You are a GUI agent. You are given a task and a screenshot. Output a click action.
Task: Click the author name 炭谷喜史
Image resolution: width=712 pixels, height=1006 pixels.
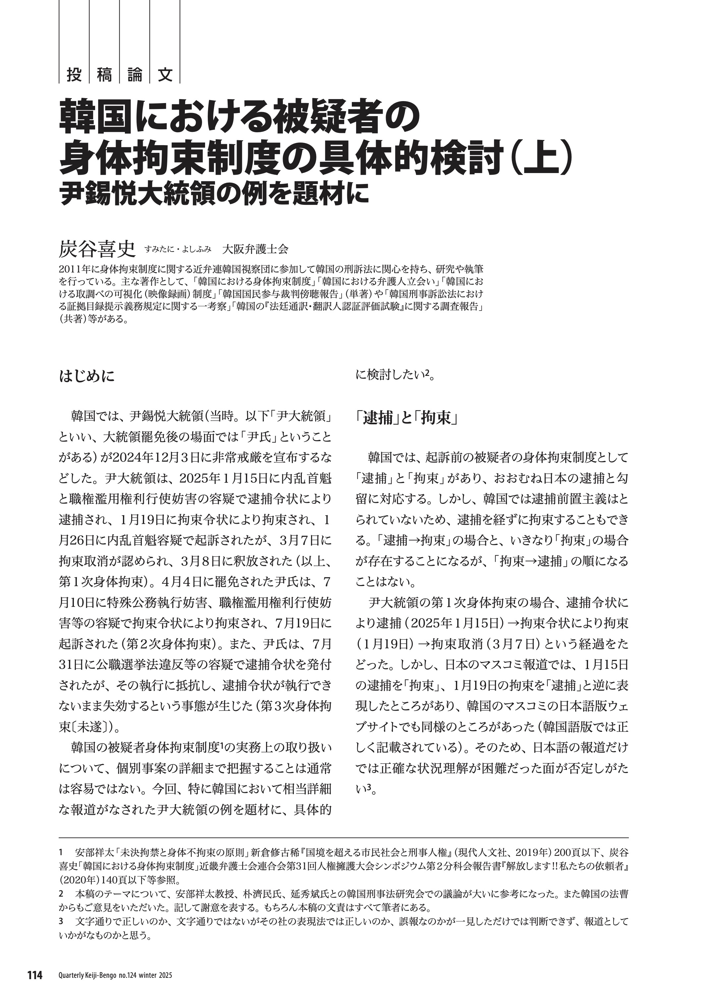[98, 250]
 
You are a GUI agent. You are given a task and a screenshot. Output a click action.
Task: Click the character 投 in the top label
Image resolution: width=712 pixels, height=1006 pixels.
[74, 75]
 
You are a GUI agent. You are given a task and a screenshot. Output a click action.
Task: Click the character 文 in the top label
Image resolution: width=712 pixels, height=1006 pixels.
[165, 75]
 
